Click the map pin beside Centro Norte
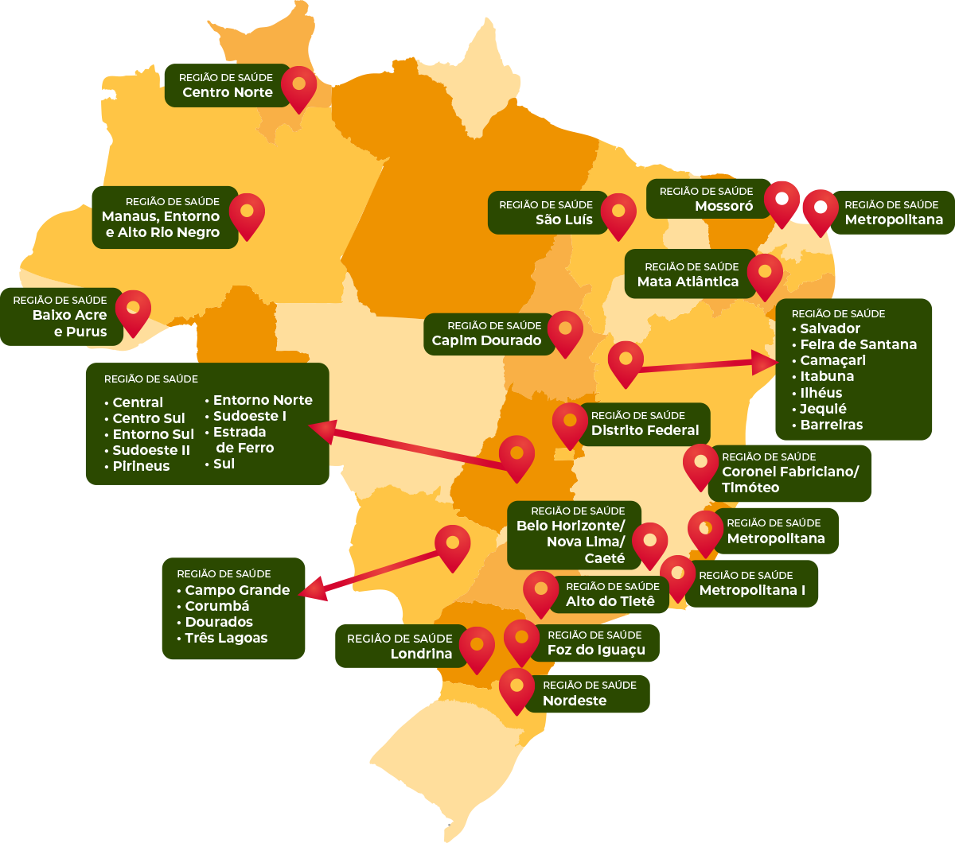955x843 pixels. (298, 85)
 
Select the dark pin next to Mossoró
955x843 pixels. (782, 200)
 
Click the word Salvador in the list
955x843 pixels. (830, 328)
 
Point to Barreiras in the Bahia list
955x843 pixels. (831, 425)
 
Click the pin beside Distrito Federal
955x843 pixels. (570, 422)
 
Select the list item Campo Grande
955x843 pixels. (237, 590)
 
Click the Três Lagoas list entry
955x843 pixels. (226, 638)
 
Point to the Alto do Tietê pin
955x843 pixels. (541, 591)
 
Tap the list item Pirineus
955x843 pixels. (141, 466)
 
